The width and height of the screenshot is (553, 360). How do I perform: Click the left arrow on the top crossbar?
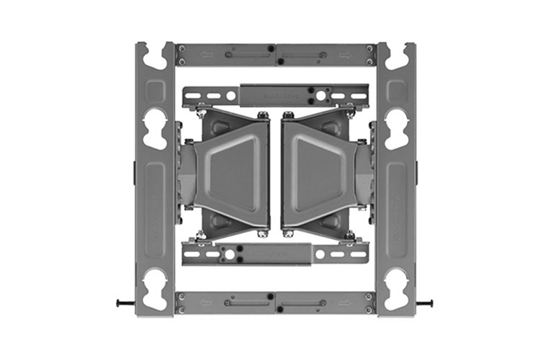tap(207, 55)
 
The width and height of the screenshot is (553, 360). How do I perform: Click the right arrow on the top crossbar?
tap(346, 55)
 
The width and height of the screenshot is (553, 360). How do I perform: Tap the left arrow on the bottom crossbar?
tap(207, 302)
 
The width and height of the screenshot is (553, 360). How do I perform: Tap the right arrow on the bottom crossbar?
tap(346, 302)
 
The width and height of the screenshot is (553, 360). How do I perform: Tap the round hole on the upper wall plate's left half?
tap(230, 95)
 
